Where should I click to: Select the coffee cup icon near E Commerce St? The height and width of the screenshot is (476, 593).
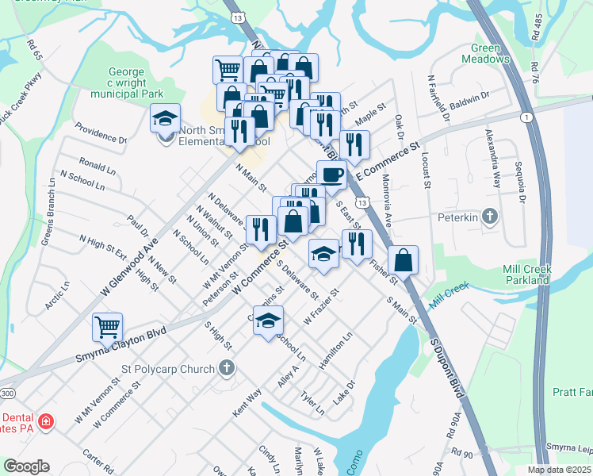331,175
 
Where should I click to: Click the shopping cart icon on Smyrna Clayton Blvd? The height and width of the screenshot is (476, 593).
107,327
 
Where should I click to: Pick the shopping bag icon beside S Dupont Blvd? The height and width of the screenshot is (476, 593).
403,260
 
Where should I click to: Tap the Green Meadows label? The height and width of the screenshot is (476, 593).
485,53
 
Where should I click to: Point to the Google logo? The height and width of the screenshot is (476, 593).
27,466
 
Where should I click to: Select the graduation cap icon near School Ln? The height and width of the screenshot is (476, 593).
269,321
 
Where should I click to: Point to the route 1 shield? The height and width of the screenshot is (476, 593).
526,117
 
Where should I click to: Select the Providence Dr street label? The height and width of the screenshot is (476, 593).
101,132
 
